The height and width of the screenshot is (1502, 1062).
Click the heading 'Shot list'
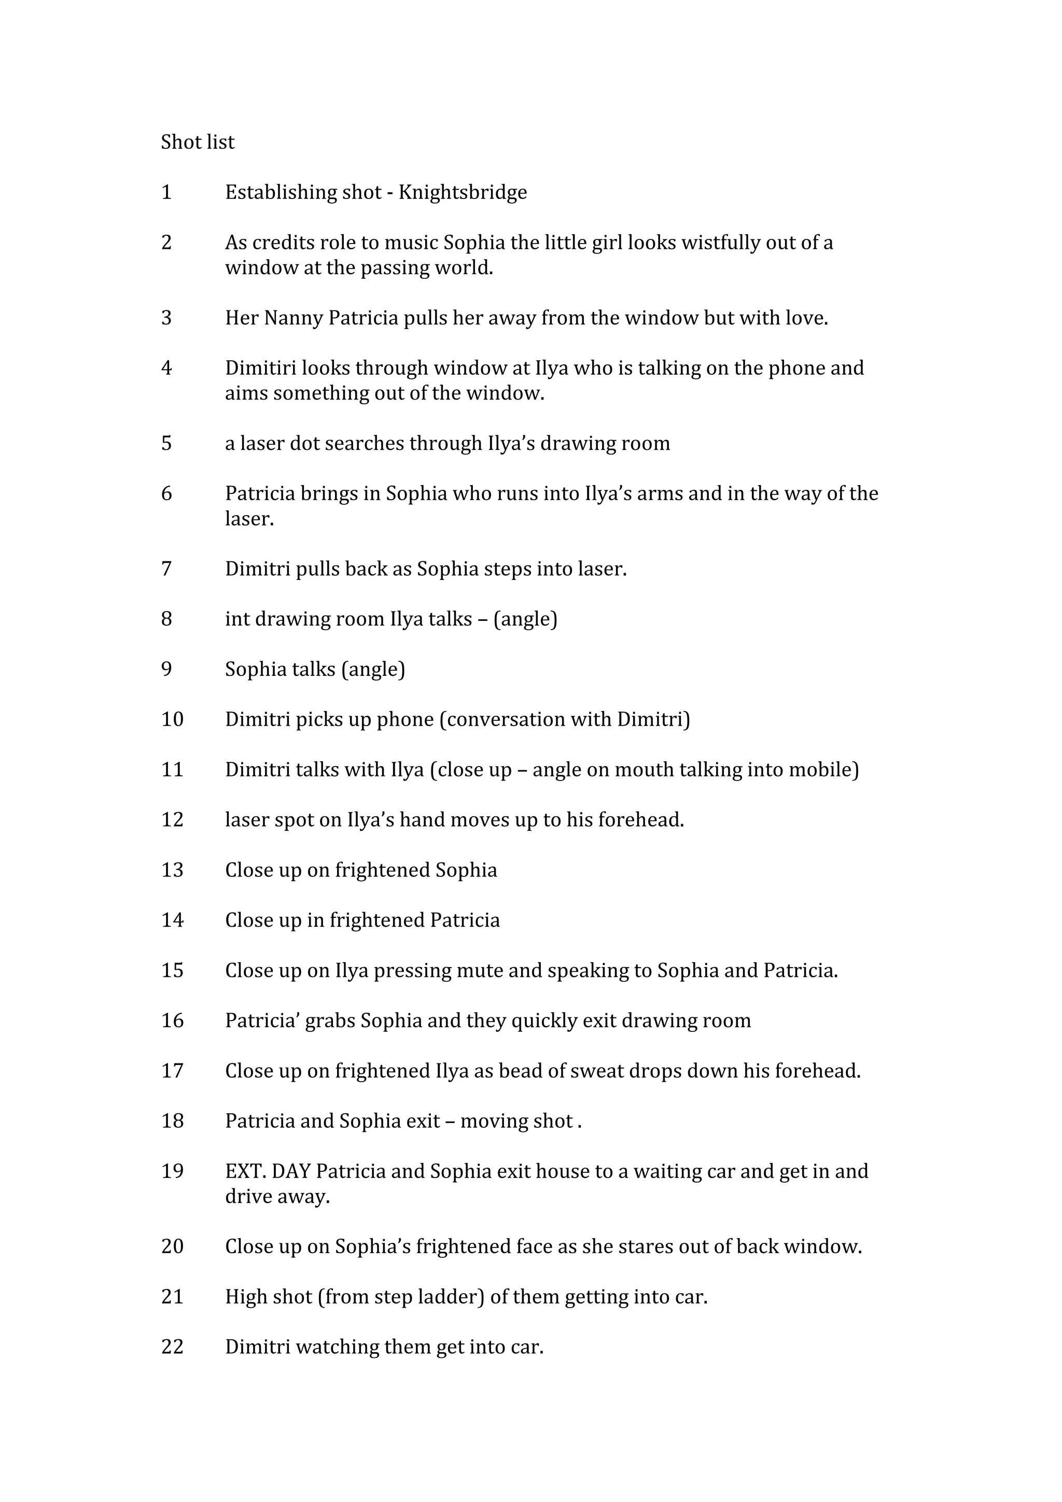click(x=197, y=142)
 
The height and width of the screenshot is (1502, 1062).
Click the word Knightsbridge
click(x=463, y=192)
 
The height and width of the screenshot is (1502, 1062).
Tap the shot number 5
click(x=166, y=444)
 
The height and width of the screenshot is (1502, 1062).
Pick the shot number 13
click(x=172, y=870)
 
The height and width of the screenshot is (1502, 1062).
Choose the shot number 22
click(x=172, y=1347)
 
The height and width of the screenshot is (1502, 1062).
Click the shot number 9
click(x=166, y=669)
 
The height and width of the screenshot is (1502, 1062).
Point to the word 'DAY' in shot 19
click(x=291, y=1171)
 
